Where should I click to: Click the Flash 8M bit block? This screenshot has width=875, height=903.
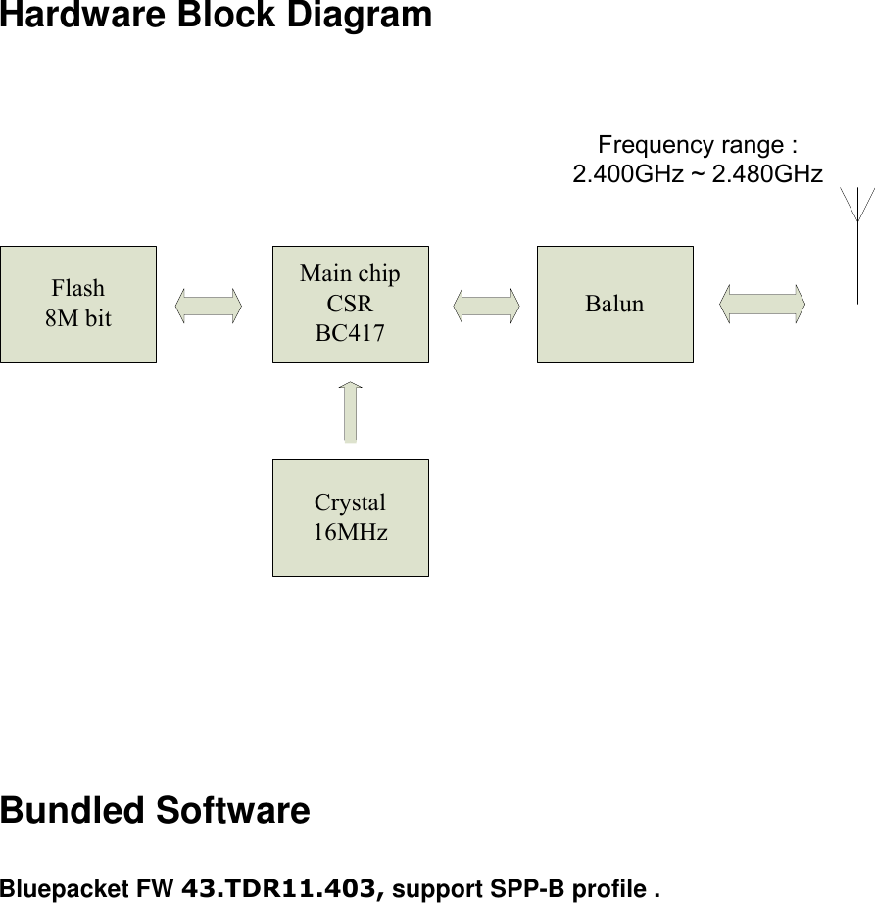(x=78, y=304)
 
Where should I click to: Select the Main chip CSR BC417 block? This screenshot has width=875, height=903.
(x=350, y=304)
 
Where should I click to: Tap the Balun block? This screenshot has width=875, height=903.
(x=614, y=304)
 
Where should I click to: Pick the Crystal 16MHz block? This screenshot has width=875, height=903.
(x=350, y=517)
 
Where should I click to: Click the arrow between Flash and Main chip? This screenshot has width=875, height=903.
(x=209, y=305)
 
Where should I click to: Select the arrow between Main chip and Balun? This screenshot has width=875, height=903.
(x=487, y=305)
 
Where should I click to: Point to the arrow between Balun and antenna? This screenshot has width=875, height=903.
(x=761, y=305)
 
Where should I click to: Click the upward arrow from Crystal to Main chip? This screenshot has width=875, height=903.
(x=350, y=412)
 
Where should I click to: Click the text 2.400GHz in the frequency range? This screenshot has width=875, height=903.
(x=621, y=174)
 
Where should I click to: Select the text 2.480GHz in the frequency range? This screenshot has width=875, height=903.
(x=767, y=174)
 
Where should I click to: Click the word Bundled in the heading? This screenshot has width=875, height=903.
(x=73, y=811)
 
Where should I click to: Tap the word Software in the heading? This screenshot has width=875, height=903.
(x=233, y=811)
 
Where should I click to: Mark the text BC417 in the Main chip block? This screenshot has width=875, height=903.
(x=350, y=333)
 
